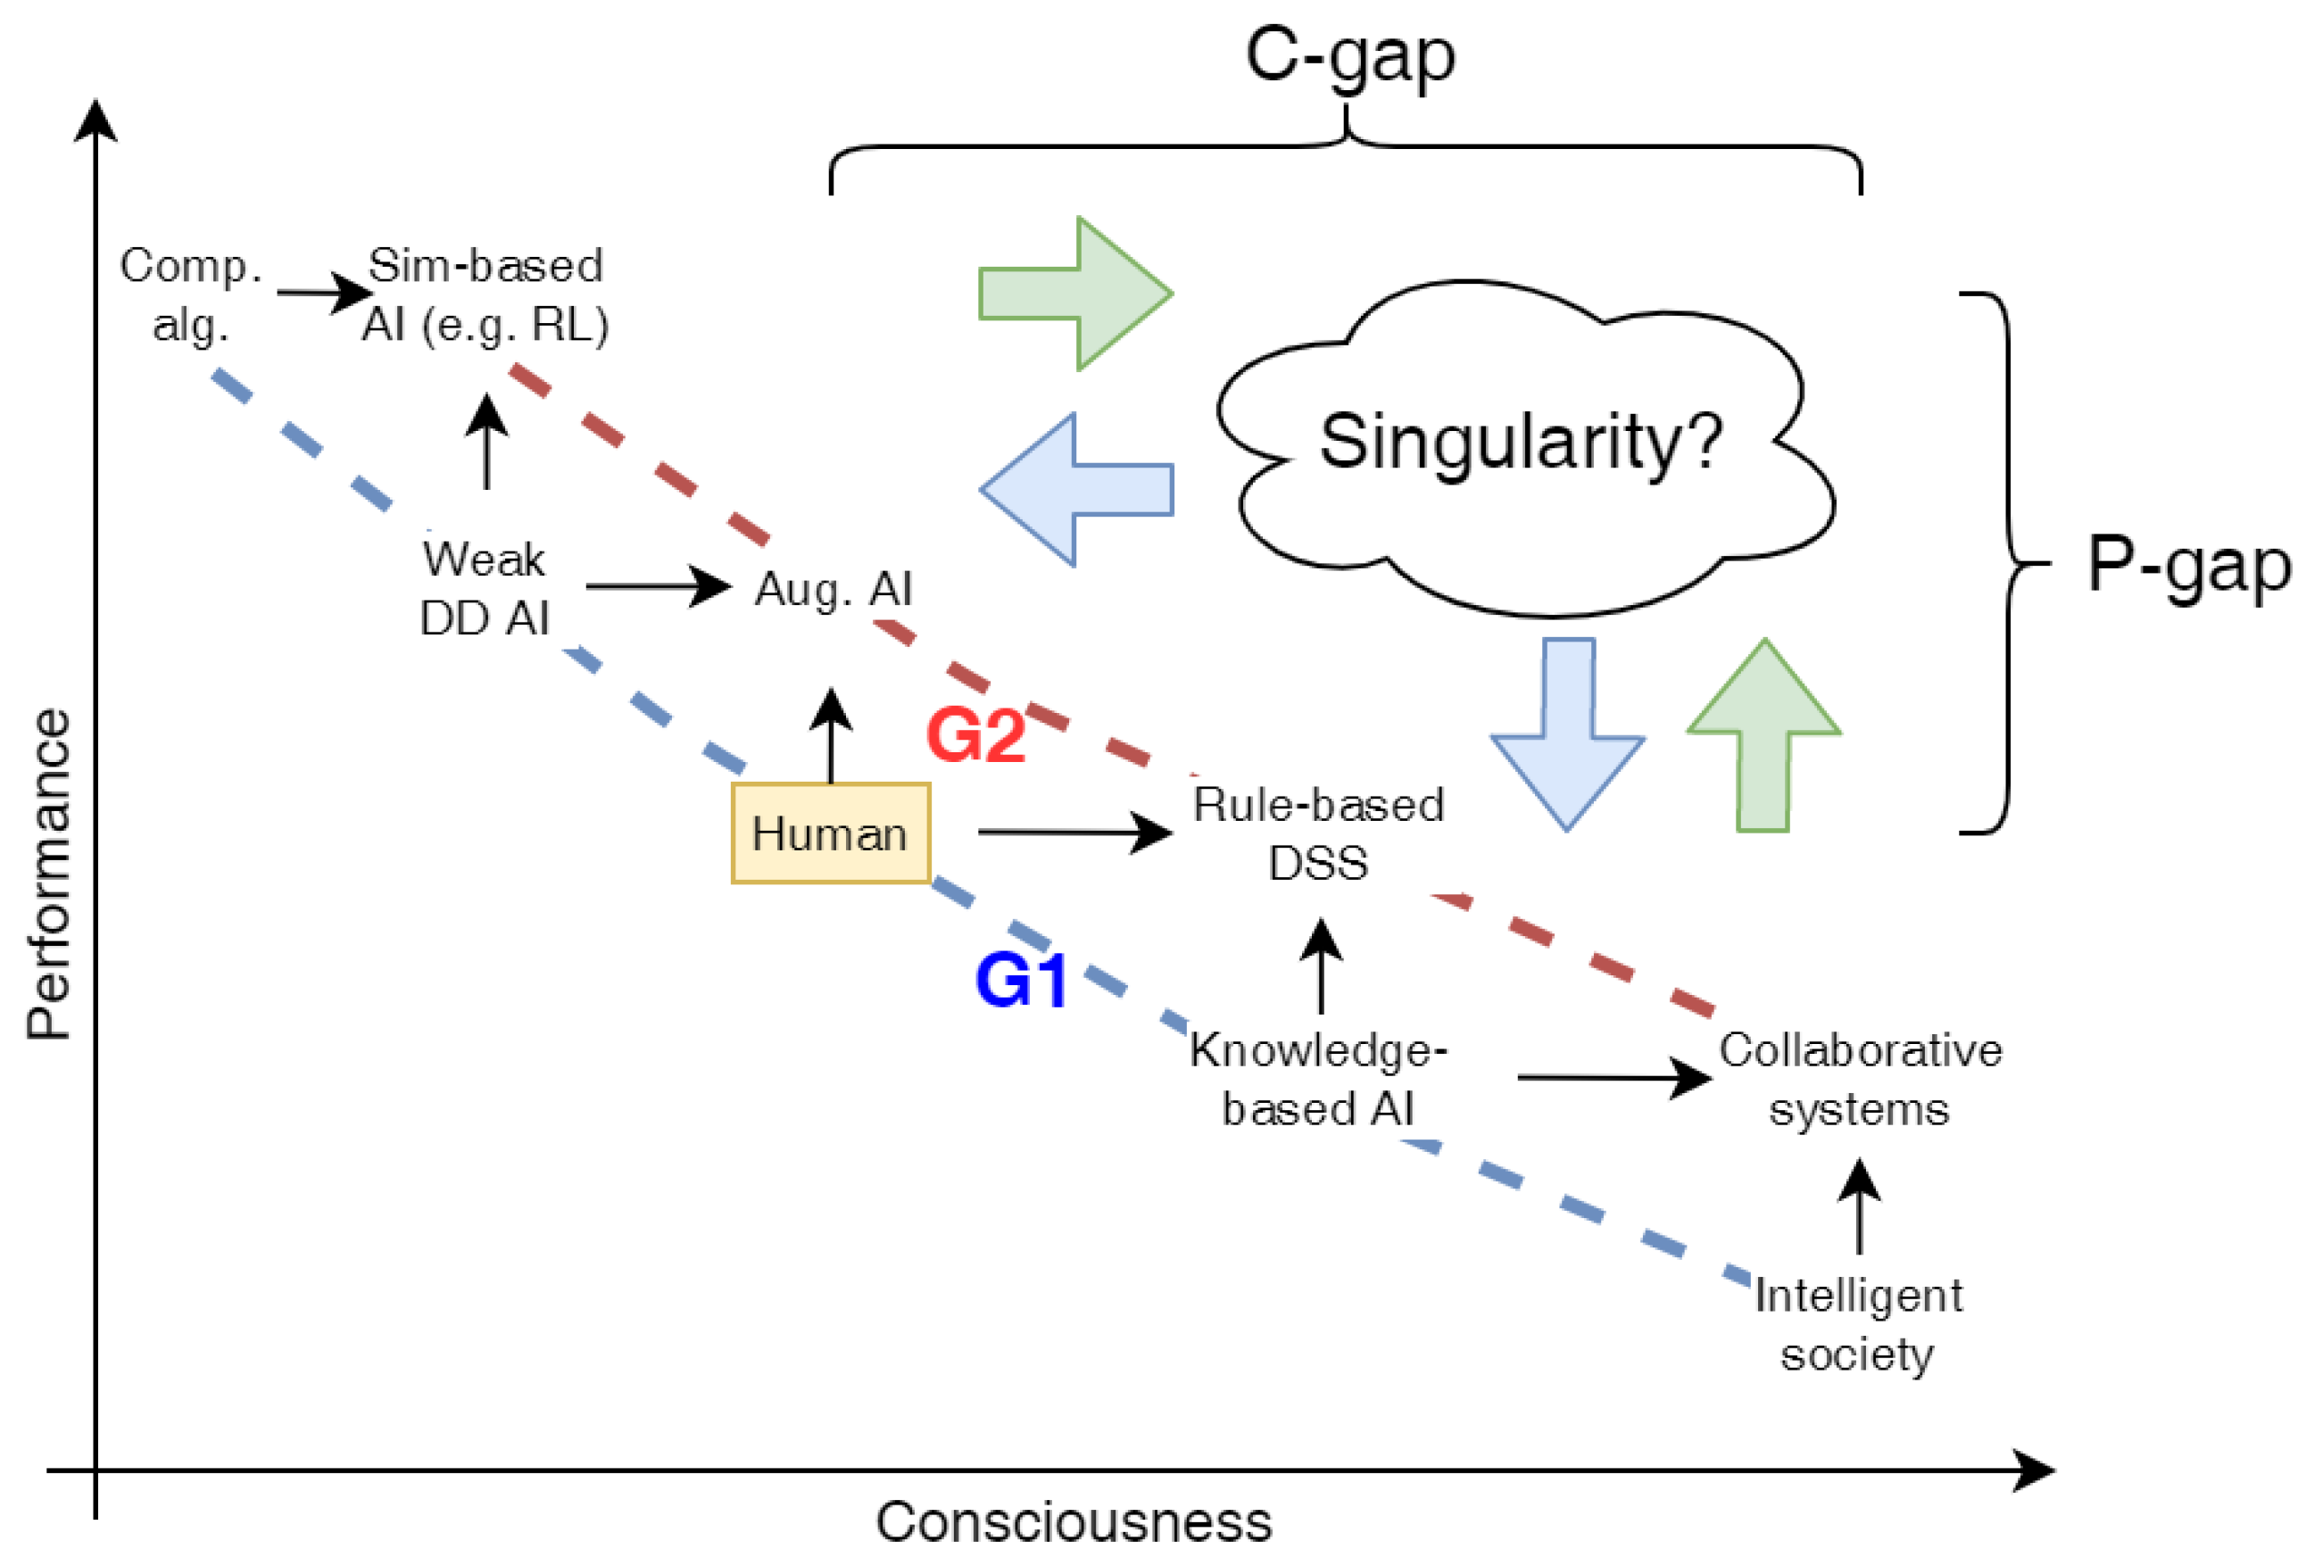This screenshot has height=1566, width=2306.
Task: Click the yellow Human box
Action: (831, 833)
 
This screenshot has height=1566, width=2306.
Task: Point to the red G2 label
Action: (975, 735)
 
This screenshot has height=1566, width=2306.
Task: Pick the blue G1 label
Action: (1021, 981)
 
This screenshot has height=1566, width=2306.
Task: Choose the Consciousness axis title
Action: (1074, 1521)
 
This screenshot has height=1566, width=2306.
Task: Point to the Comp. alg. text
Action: (190, 294)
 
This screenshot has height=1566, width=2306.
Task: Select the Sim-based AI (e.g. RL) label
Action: (485, 294)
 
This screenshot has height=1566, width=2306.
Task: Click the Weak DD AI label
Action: (485, 589)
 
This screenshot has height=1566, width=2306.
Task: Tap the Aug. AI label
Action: (834, 590)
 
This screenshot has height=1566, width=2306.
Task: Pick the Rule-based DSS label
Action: (1318, 833)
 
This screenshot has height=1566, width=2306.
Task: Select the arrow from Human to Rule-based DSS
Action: (1072, 832)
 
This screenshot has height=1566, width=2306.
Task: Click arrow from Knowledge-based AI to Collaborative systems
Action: (1613, 1077)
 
